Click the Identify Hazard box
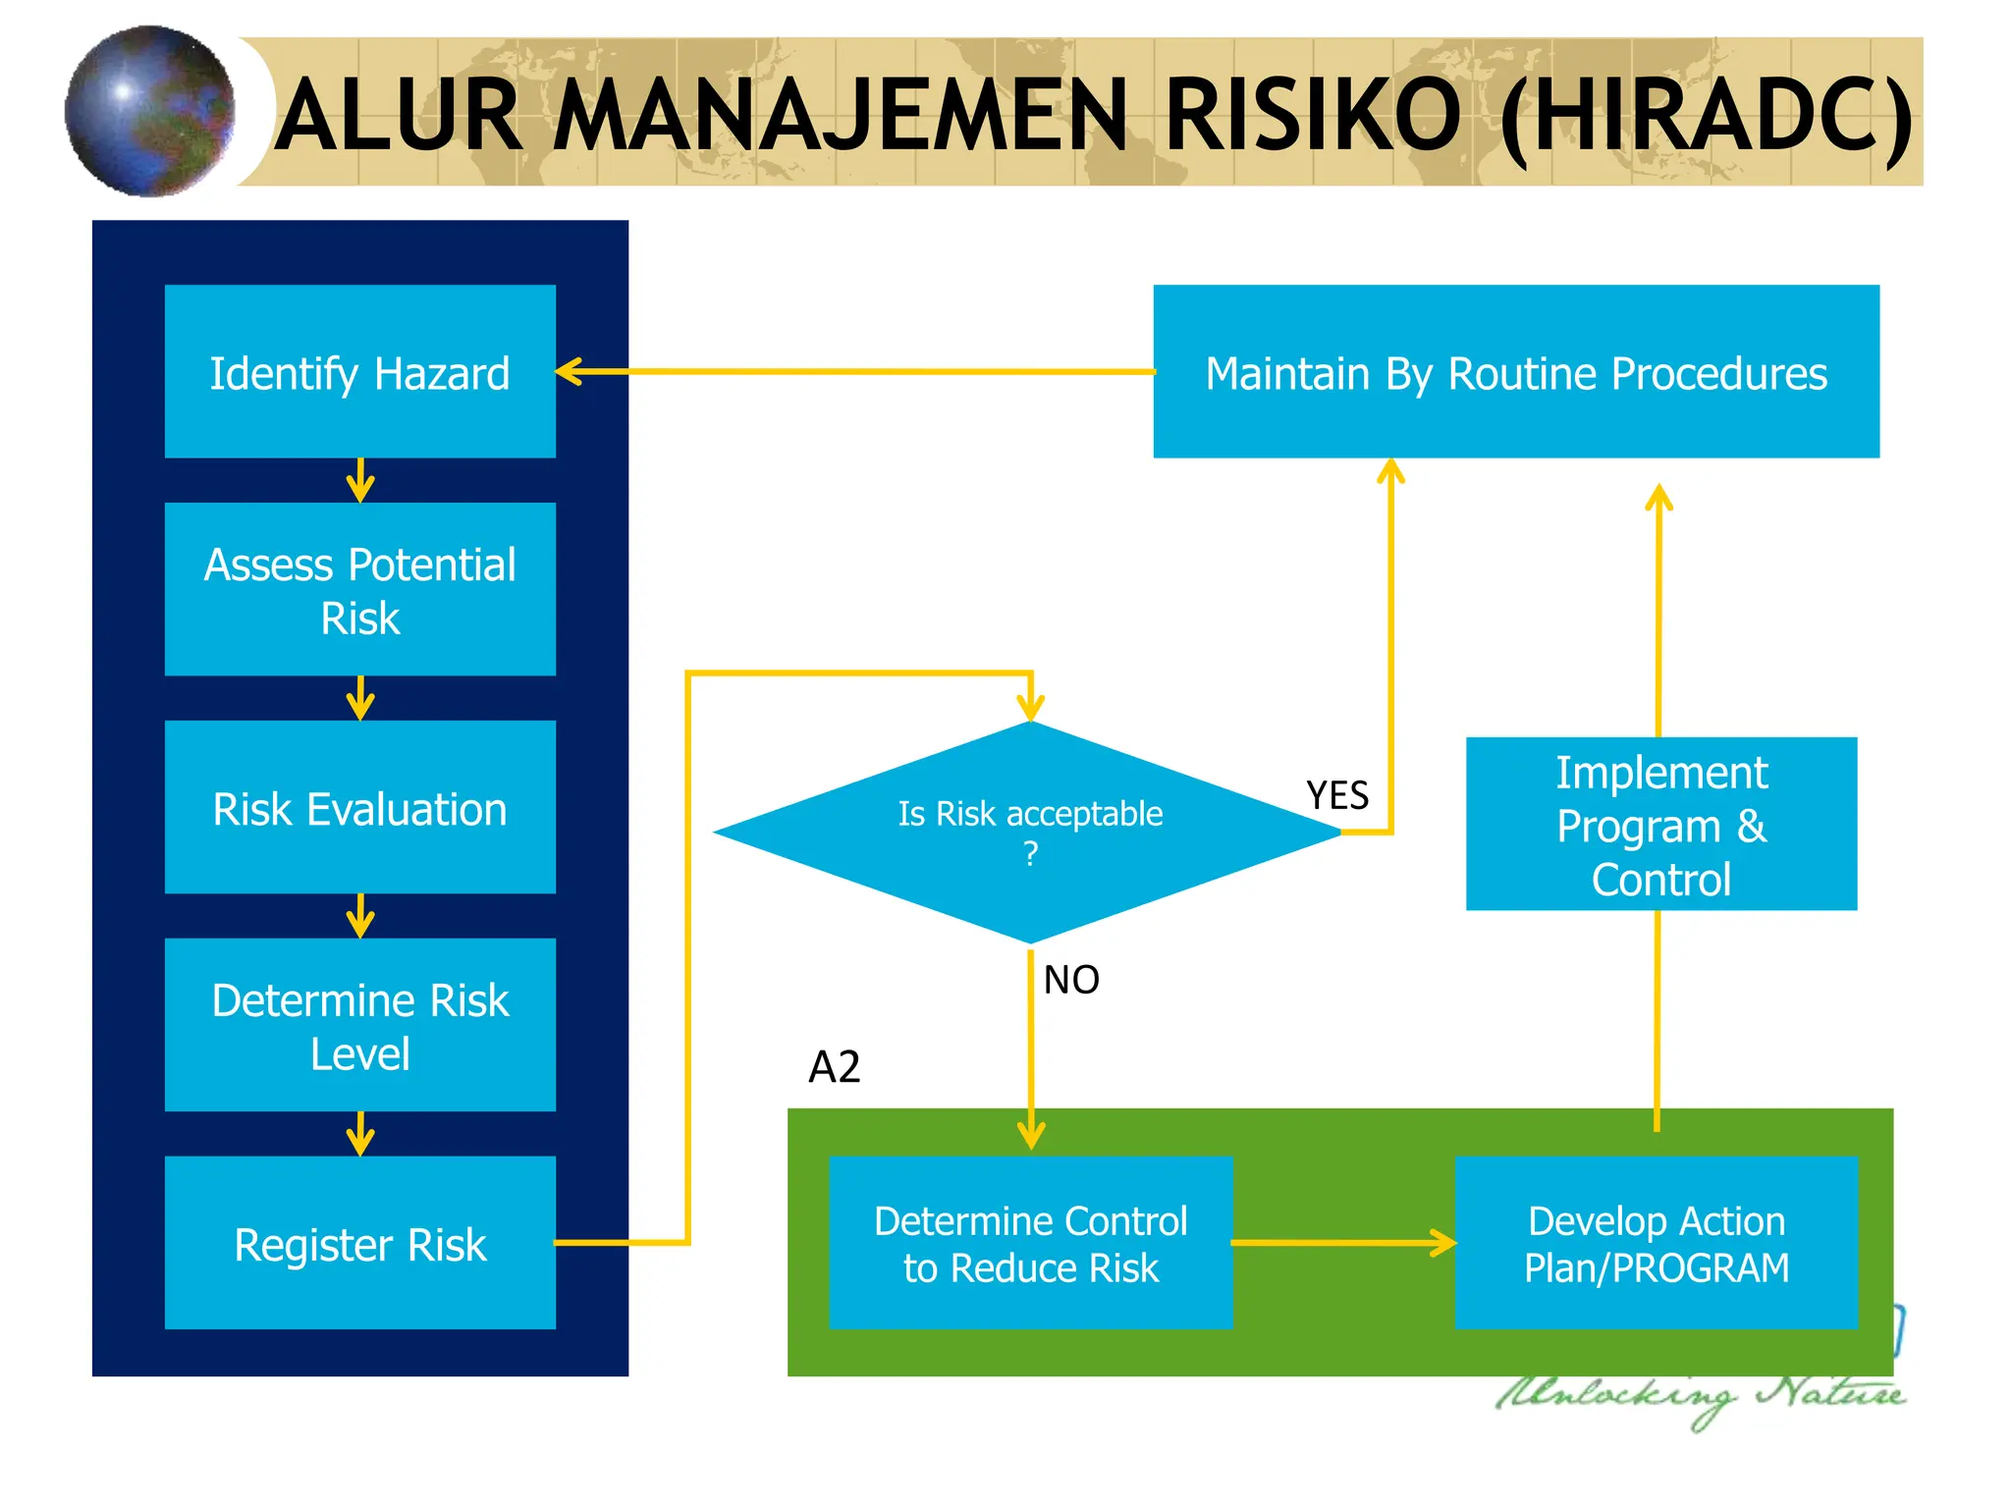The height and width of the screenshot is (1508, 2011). coord(359,371)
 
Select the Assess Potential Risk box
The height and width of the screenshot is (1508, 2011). coord(359,589)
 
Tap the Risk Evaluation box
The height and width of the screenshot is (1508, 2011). coord(359,807)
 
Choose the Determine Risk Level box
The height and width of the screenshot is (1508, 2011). coord(359,1025)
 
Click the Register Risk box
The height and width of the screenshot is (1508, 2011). coord(359,1243)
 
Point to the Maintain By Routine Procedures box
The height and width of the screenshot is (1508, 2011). coord(1515,371)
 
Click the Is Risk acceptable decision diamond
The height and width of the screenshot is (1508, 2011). coord(1029,831)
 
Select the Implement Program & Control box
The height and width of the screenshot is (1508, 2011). coord(1660,824)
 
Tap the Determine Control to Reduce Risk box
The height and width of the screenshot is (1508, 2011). coord(1030,1243)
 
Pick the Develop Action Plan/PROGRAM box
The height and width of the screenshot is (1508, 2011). coord(1656,1243)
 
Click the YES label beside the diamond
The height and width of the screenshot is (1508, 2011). coord(1336,794)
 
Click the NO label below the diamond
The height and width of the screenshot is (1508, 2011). coord(1070,979)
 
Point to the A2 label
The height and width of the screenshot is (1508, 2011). coord(834,1066)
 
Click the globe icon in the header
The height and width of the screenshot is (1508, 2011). coord(149,111)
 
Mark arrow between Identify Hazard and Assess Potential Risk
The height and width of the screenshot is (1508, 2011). coord(360,481)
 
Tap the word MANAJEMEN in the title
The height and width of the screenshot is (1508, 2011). coord(840,116)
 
